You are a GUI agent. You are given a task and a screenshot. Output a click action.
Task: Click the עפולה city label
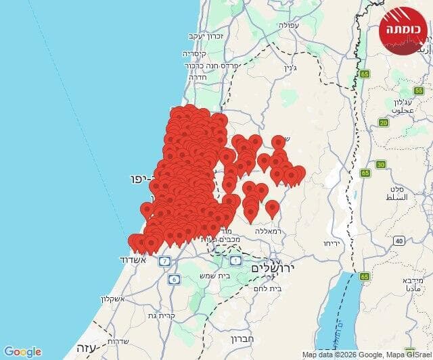287,25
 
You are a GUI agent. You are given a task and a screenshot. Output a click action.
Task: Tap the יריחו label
330,243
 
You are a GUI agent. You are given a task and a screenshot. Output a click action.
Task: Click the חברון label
241,339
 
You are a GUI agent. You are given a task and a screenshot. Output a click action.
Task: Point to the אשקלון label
116,299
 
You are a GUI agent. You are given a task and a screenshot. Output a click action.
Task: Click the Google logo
22,352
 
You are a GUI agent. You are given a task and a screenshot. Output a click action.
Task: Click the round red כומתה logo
404,29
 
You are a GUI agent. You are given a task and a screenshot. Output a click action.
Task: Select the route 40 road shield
399,240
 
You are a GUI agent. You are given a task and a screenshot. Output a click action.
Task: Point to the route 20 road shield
384,122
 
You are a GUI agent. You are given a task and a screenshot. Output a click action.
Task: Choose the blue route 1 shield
235,260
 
